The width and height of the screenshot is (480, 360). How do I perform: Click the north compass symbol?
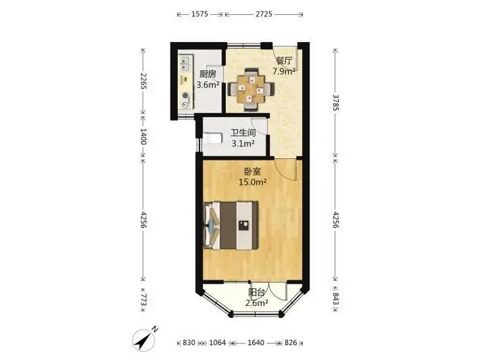point(144,339)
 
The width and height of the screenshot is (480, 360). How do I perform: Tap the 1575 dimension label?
point(200,14)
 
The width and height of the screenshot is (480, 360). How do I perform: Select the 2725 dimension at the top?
point(264,14)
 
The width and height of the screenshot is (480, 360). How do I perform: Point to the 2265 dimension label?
point(143,81)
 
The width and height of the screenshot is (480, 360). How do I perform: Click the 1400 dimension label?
point(143,136)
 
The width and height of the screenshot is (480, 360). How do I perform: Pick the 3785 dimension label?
point(336,103)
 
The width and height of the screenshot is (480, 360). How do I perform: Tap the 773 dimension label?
point(143,300)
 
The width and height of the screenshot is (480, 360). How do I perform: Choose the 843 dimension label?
point(336,298)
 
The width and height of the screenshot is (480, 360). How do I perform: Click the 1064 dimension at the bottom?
point(217,343)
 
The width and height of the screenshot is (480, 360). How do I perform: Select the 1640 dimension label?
point(256,343)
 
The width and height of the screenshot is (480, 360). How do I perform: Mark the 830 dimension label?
point(189,343)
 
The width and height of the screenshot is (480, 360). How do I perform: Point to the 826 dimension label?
point(291,343)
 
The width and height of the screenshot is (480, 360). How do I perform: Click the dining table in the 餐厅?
point(251,89)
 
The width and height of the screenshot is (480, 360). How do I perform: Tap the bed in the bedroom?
point(230,225)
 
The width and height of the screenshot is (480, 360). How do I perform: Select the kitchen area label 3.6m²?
point(208,85)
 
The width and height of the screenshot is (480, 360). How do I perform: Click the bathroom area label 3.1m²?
point(244,143)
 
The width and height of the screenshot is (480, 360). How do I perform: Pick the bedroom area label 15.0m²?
point(253,182)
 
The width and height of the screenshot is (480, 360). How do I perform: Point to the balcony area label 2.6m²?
point(256,303)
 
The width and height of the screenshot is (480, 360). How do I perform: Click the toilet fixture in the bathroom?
point(212,138)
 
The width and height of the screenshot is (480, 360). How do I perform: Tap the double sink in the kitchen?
point(185,64)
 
